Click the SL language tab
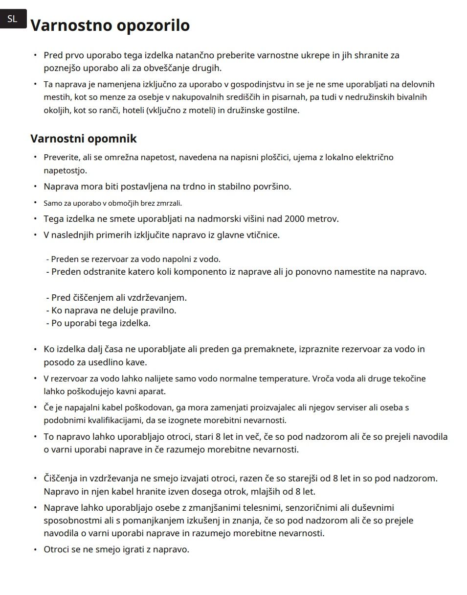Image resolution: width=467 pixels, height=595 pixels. (x=13, y=19)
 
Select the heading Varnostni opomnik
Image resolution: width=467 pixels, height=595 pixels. (x=83, y=139)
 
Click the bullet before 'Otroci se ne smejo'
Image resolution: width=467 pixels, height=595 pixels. (x=35, y=549)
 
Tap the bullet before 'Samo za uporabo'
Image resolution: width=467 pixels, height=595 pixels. (x=35, y=202)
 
